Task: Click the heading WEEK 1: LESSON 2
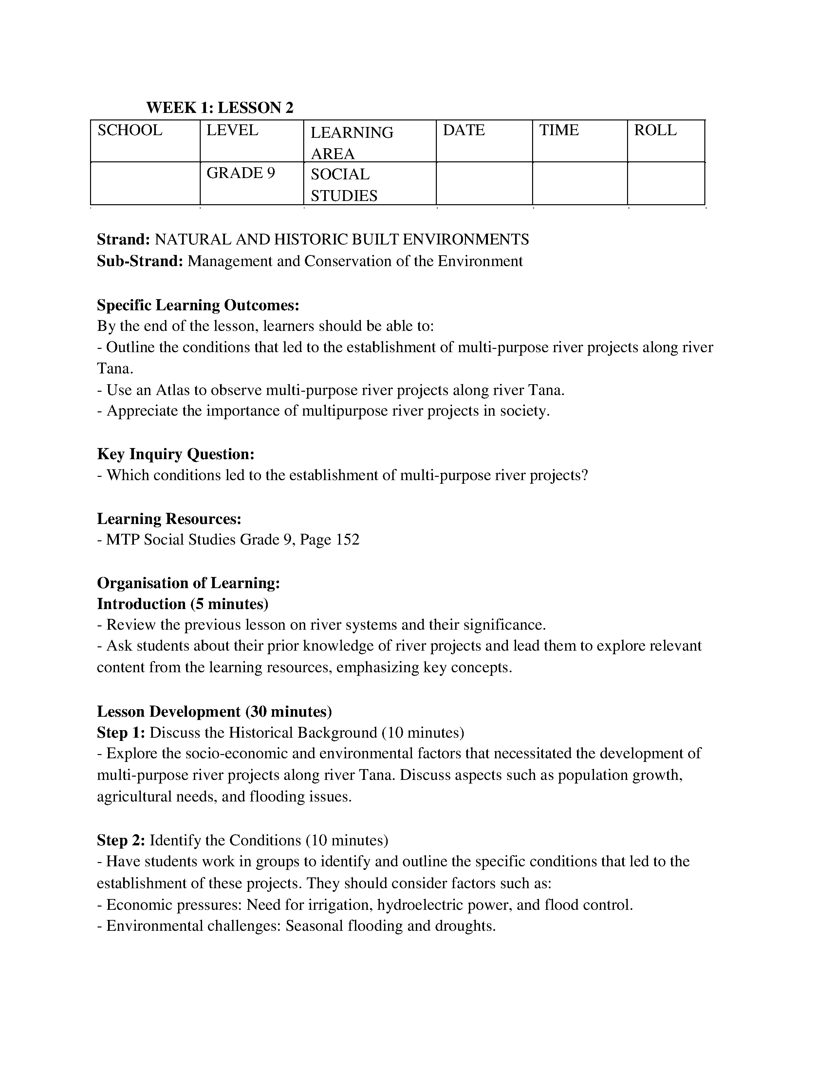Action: tap(220, 108)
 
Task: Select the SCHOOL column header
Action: tap(130, 131)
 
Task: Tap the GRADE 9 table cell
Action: tap(240, 173)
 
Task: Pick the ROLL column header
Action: tap(655, 131)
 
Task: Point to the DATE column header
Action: tap(463, 131)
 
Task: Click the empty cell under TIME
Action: tap(579, 183)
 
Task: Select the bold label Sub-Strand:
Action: tap(140, 261)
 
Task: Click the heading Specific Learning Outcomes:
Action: tap(198, 305)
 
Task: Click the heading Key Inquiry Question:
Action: tap(176, 454)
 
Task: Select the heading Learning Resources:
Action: tap(169, 519)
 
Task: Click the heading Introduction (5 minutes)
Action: tap(182, 604)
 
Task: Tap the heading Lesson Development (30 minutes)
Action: tap(214, 711)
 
